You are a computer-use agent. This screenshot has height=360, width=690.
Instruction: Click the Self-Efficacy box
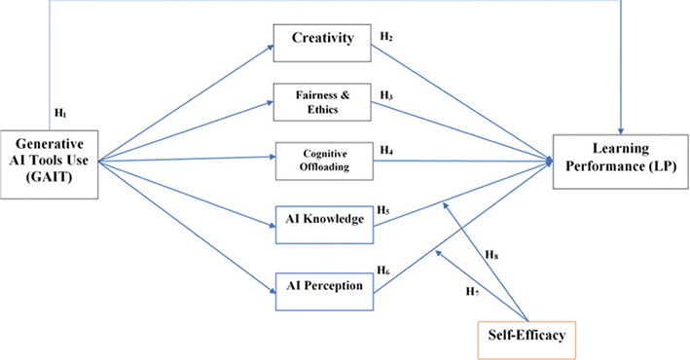pos(527,337)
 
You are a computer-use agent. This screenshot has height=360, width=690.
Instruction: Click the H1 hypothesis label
pos(60,114)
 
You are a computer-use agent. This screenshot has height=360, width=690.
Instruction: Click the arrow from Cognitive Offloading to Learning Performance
pos(457,158)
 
